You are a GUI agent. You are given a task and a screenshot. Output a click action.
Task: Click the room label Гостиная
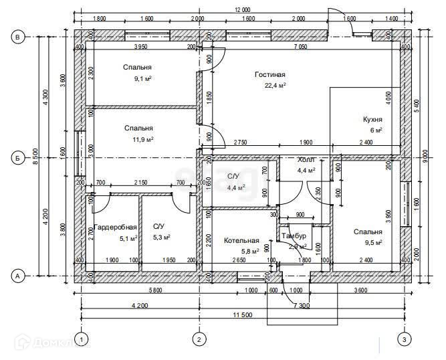pyautogui.click(x=270, y=74)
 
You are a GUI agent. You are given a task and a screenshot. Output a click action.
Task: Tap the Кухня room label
pyautogui.click(x=372, y=119)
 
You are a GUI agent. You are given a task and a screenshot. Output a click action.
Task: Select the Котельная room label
pyautogui.click(x=241, y=240)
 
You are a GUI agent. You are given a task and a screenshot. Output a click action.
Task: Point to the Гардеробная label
pyautogui.click(x=115, y=227)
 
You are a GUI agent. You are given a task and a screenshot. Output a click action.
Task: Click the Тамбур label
pyautogui.click(x=294, y=237)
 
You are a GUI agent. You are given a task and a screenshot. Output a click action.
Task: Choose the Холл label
pyautogui.click(x=306, y=161)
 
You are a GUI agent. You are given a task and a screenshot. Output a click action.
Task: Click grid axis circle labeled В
pyautogui.click(x=19, y=37)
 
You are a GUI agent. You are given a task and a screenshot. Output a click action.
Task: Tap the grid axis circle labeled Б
pyautogui.click(x=19, y=158)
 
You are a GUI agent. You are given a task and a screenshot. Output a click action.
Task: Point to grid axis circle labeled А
pyautogui.click(x=19, y=275)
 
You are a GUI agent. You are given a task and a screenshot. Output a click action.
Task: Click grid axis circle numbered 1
pyautogui.click(x=82, y=340)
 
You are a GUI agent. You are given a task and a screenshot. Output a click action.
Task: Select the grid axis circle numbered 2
pyautogui.click(x=198, y=340)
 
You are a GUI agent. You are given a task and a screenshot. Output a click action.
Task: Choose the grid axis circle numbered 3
pyautogui.click(x=403, y=340)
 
